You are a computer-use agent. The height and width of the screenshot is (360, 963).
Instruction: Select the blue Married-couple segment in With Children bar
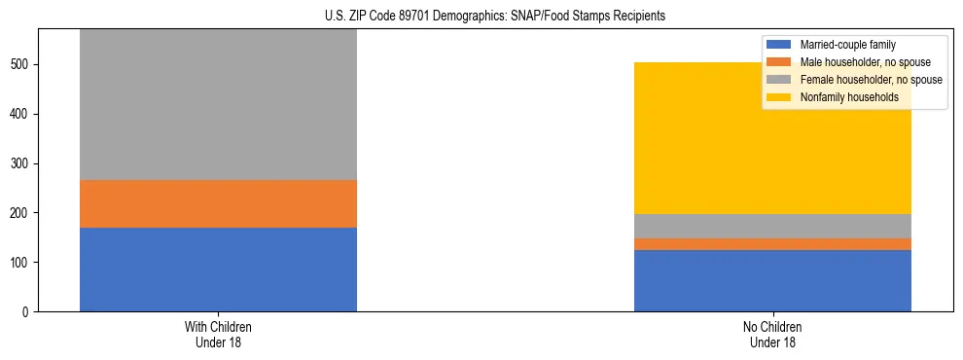tap(218, 270)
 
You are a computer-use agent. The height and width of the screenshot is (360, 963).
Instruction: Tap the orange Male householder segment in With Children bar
tap(218, 203)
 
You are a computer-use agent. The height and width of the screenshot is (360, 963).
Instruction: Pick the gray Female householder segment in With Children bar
tap(218, 105)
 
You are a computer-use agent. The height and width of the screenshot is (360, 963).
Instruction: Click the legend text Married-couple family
tap(847, 45)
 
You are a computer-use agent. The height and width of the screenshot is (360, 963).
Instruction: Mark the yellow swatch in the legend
tap(780, 97)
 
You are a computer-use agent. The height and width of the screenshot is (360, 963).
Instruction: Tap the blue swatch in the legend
tap(780, 45)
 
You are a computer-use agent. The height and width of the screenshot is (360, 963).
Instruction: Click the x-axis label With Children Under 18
tap(218, 334)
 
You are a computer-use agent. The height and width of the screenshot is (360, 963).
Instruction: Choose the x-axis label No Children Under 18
tap(772, 334)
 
